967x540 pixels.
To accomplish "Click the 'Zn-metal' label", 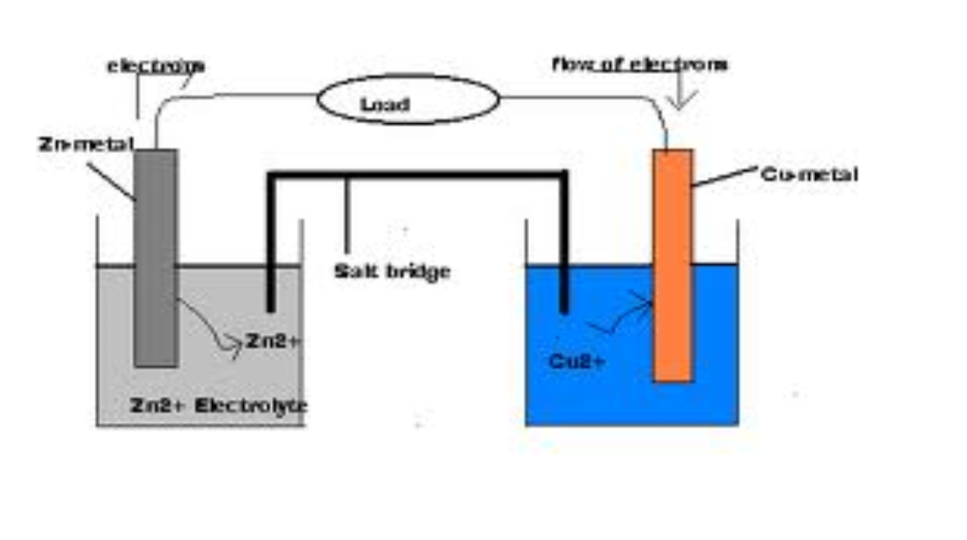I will [x=85, y=144].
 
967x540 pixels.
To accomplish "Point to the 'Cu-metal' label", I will [x=809, y=175].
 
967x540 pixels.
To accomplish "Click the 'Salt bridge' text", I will [x=393, y=272].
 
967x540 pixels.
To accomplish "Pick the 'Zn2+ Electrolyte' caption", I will [x=218, y=405].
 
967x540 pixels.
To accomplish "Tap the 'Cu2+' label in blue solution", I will [x=577, y=361].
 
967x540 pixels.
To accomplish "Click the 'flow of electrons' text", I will [x=639, y=64].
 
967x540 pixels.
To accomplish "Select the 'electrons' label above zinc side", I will [x=156, y=65].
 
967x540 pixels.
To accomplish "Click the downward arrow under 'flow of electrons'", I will [x=681, y=93].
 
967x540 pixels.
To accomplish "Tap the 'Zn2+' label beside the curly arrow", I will [x=273, y=341].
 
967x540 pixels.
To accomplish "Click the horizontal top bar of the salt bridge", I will [x=417, y=175].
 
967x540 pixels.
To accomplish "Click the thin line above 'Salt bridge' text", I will [x=348, y=217].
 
